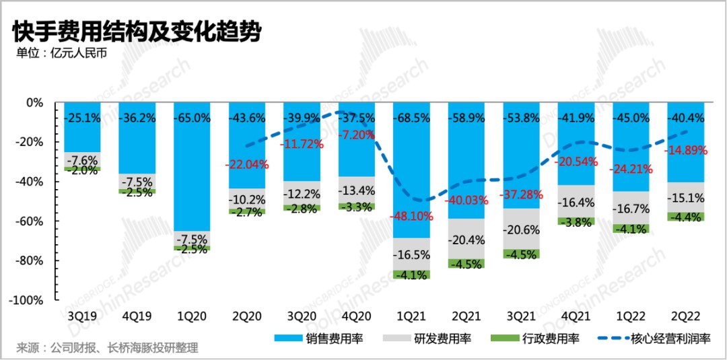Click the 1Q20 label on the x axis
[x=192, y=315]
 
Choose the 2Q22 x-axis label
[x=686, y=315]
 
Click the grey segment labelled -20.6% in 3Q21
[x=522, y=229]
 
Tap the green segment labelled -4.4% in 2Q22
[x=686, y=217]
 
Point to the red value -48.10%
[x=412, y=217]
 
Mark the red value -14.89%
[x=686, y=151]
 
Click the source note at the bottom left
[x=108, y=348]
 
